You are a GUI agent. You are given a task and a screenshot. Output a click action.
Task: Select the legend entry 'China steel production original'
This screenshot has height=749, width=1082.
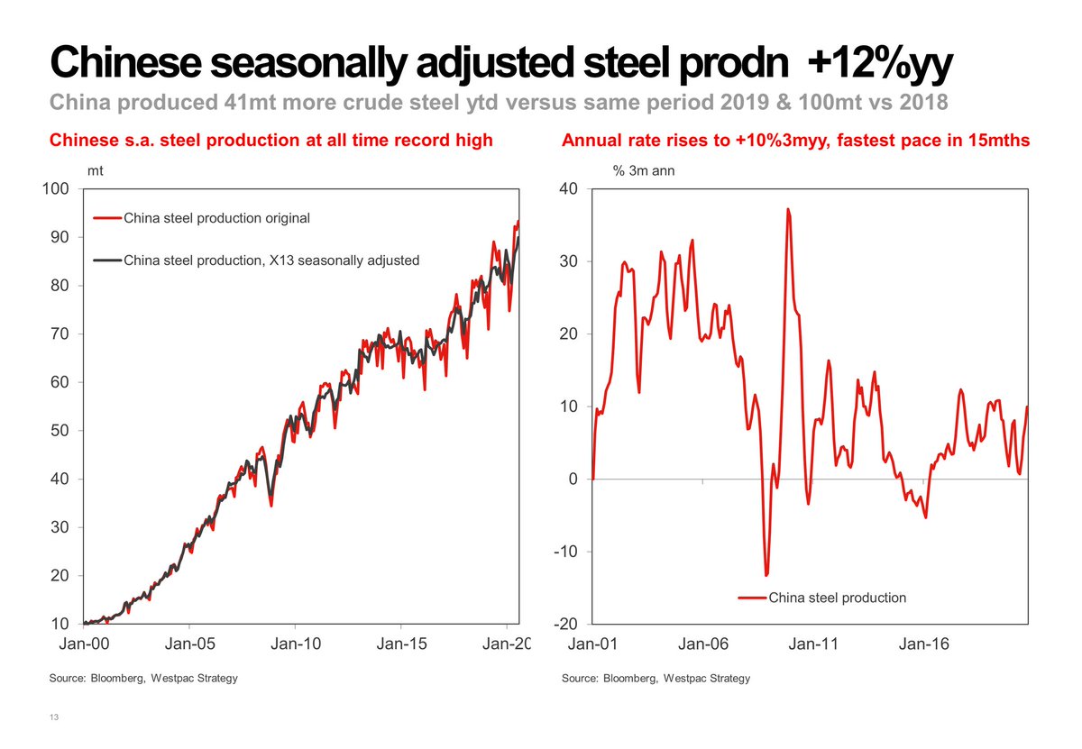215,217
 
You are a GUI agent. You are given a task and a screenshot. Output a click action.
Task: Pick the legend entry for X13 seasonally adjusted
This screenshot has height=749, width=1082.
270,260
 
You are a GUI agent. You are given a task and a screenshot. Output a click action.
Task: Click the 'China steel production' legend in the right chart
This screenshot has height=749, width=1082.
836,597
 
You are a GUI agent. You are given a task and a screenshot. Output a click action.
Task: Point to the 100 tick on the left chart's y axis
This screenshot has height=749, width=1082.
58,188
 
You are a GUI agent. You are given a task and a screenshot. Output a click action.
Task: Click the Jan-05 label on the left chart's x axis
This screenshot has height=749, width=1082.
189,644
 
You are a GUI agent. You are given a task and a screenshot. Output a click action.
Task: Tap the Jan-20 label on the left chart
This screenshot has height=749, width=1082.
507,644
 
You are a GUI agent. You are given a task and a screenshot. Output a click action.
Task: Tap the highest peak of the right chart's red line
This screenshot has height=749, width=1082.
787,210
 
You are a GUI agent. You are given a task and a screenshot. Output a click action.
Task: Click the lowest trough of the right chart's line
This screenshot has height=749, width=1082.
766,574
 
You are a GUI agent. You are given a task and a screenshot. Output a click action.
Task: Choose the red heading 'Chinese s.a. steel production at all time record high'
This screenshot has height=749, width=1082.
270,141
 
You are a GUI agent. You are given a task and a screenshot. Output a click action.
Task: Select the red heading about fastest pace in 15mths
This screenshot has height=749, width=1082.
796,141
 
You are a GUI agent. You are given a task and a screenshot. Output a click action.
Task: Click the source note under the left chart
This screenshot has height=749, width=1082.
143,678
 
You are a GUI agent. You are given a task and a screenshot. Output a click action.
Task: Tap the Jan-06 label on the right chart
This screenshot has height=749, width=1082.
703,644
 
